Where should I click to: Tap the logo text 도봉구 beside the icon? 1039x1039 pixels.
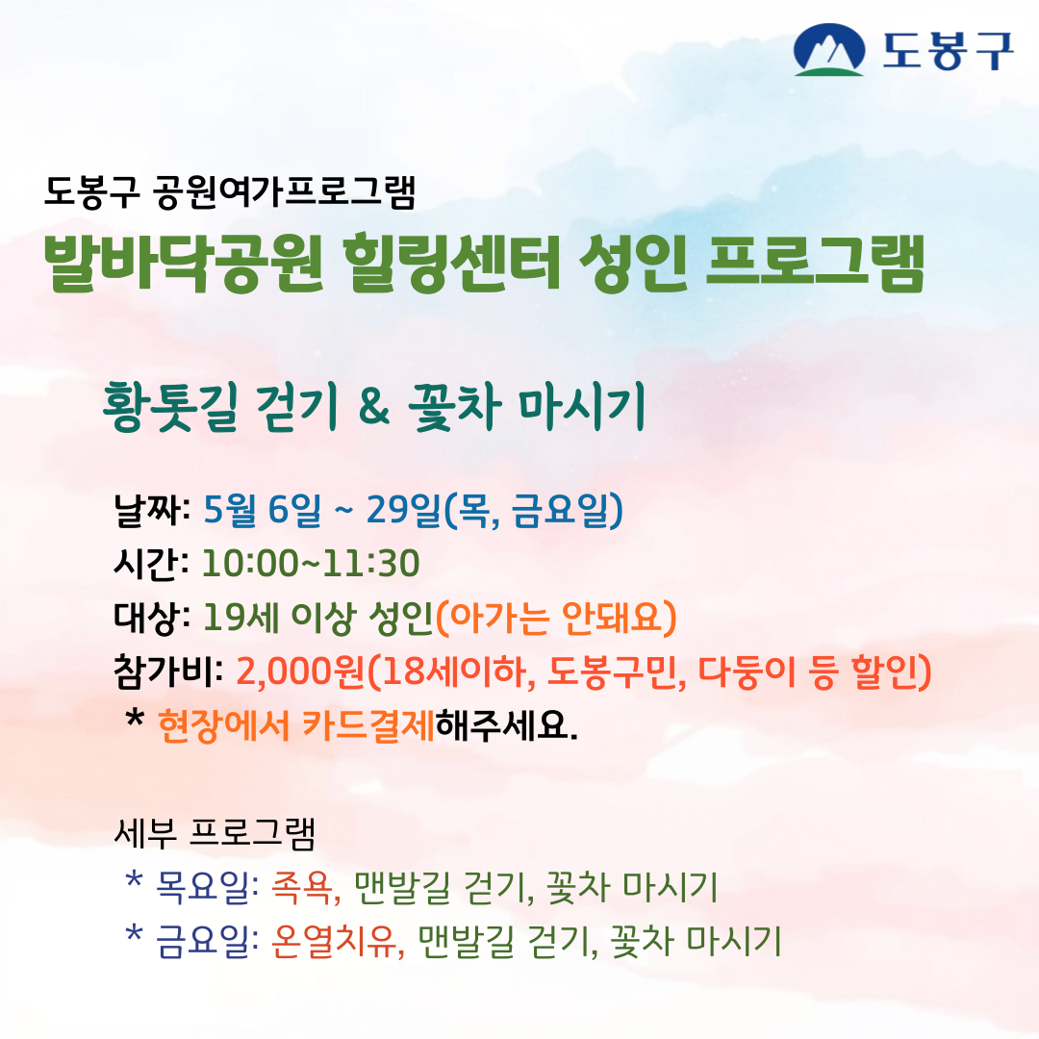(x=947, y=50)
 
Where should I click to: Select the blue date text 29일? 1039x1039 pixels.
(x=404, y=511)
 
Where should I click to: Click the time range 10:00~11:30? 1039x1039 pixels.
(x=311, y=565)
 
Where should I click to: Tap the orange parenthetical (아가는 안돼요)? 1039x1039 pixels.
(x=557, y=618)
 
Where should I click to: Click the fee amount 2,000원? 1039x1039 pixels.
(x=301, y=672)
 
